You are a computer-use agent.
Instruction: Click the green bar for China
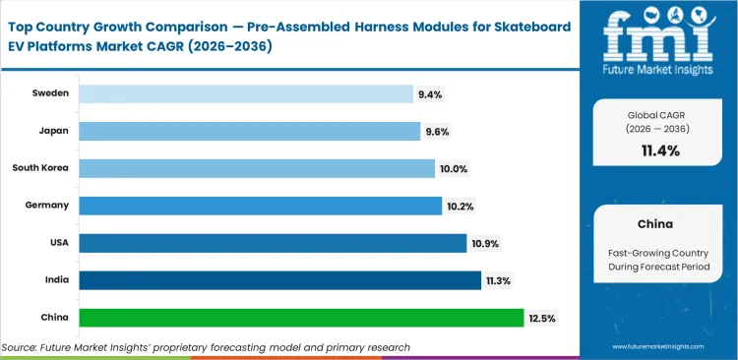300,318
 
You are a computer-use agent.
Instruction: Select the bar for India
279,280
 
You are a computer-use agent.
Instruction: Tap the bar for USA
273,243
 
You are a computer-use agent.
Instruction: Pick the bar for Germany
260,206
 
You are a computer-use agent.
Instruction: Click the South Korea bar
256,168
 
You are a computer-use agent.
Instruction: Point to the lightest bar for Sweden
245,93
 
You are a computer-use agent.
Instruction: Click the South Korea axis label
40,168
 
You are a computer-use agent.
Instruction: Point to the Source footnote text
206,347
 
